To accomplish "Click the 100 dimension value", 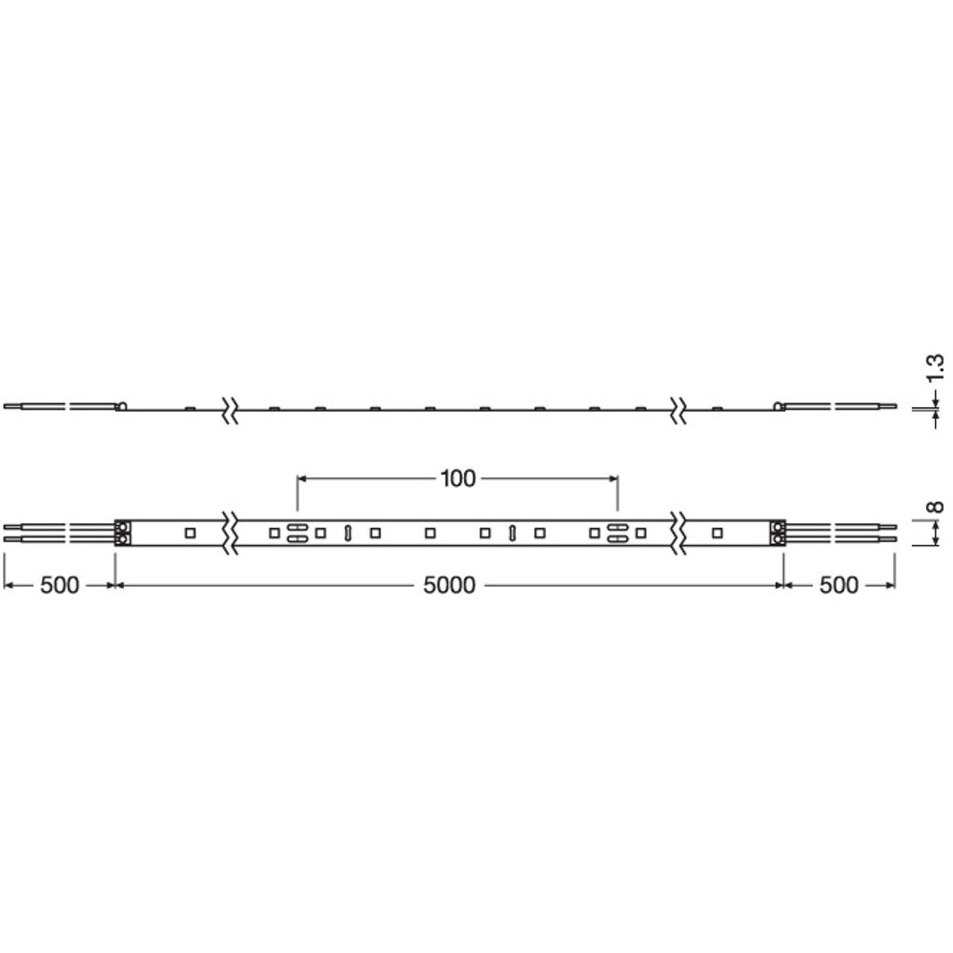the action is point(457,479).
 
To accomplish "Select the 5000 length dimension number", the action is point(449,585).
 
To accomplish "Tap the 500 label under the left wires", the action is point(59,585).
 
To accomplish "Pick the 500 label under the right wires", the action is point(839,585).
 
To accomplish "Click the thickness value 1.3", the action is point(936,368).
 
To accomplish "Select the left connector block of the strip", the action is point(122,533).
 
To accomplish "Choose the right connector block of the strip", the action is point(778,533).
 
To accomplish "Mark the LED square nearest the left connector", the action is point(190,533).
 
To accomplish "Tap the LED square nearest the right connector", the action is point(718,533).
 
